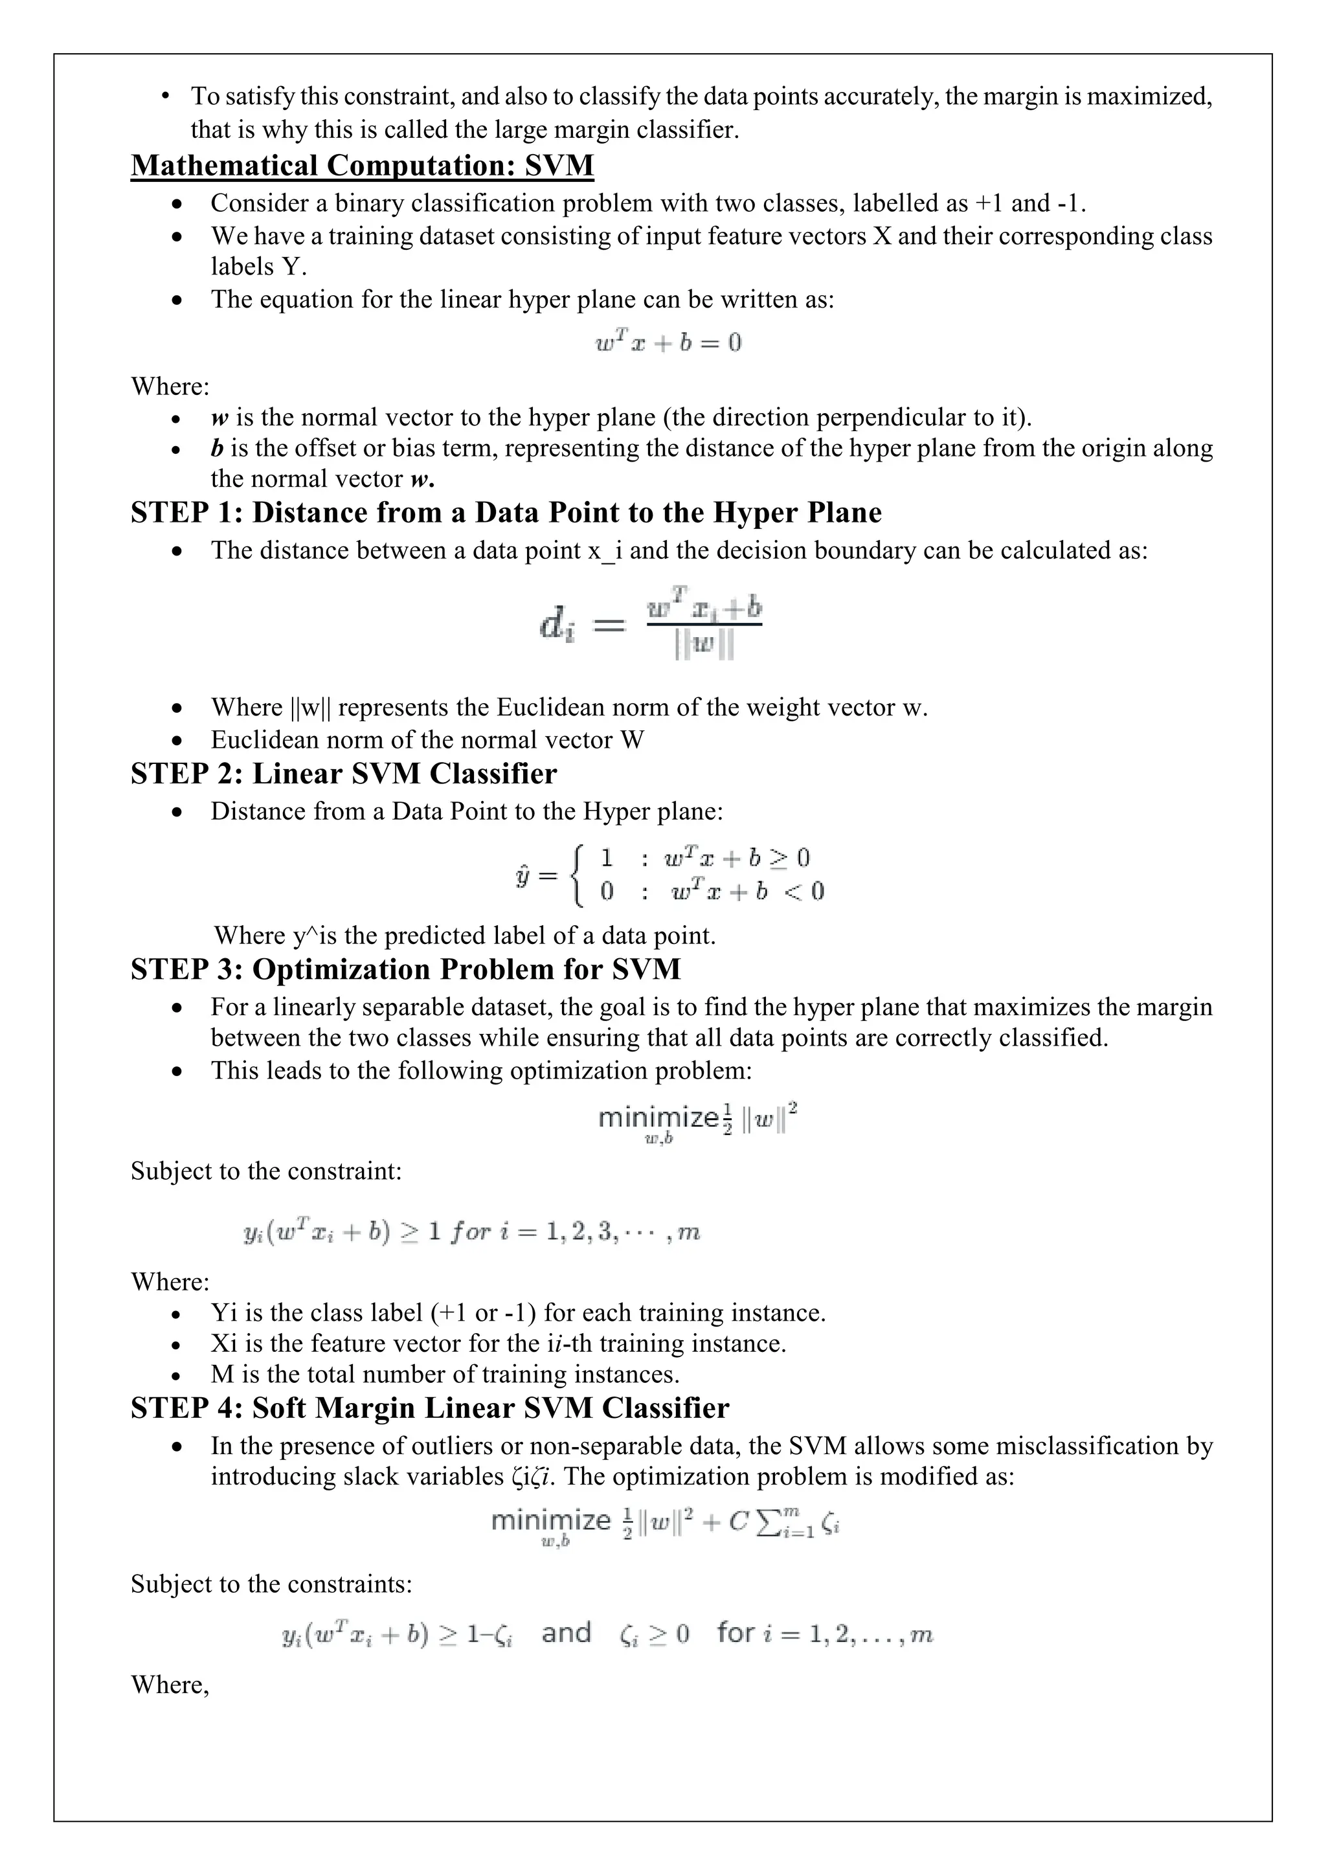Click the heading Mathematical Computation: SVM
[x=362, y=166]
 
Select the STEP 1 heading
[x=506, y=513]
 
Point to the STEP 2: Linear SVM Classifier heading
[x=344, y=773]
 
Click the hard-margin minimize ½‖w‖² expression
[x=697, y=1121]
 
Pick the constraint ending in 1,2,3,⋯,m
[x=472, y=1232]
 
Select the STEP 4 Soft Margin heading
[x=429, y=1408]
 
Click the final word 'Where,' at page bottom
[x=170, y=1684]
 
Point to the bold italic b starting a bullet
[x=217, y=448]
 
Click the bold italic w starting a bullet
[x=219, y=418]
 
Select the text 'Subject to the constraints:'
[x=271, y=1584]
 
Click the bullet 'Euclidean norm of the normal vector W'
[x=427, y=740]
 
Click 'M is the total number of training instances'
[x=445, y=1375]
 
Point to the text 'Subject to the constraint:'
[x=266, y=1171]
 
